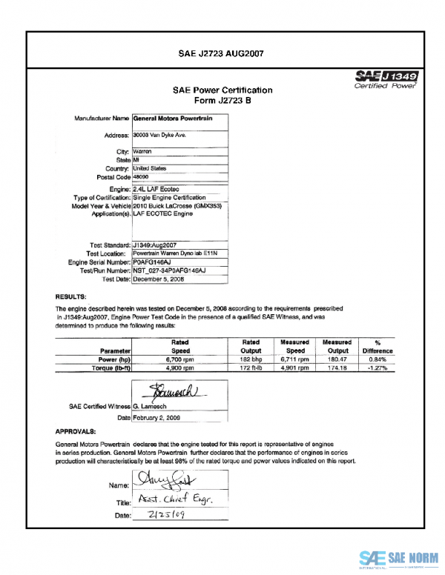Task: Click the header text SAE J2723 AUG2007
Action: (222, 53)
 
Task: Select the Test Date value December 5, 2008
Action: (159, 280)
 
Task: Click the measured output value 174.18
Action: (337, 367)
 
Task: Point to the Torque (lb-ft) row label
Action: (110, 367)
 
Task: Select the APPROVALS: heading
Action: (76, 431)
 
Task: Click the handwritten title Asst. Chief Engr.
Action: (173, 501)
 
